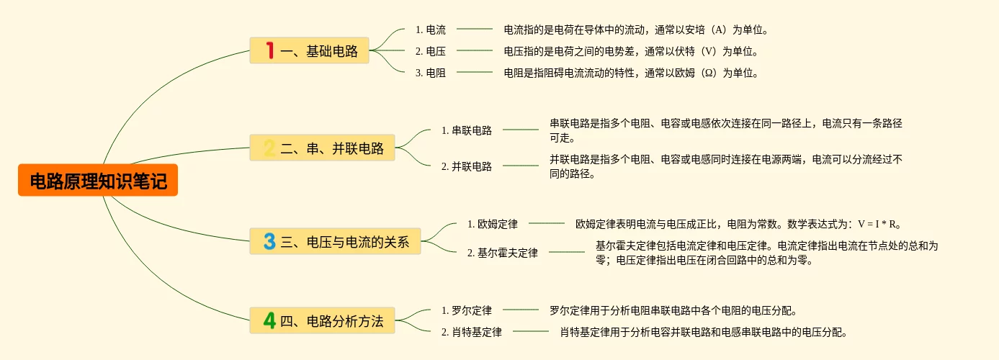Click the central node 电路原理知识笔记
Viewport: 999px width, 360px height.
[x=98, y=180]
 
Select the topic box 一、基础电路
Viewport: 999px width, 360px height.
[x=309, y=50]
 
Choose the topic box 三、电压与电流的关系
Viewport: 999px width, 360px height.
[x=335, y=241]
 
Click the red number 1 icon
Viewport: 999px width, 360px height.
[x=270, y=50]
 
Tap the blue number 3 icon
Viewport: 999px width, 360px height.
[x=269, y=241]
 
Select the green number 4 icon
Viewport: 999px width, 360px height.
[x=269, y=320]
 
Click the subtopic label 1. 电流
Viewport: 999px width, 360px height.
[x=431, y=30]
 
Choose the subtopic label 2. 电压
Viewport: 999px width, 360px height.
[x=431, y=51]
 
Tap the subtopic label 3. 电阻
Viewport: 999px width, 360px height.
[x=431, y=73]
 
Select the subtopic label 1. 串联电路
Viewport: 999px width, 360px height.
[x=467, y=130]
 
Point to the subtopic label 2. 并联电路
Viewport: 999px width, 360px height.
[x=467, y=166]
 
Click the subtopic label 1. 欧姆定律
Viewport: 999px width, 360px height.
[x=493, y=224]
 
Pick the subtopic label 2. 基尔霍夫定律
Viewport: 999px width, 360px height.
[x=503, y=253]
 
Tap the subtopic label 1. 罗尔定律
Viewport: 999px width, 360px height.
[x=467, y=310]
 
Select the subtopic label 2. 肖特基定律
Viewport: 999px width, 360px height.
[x=472, y=332]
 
